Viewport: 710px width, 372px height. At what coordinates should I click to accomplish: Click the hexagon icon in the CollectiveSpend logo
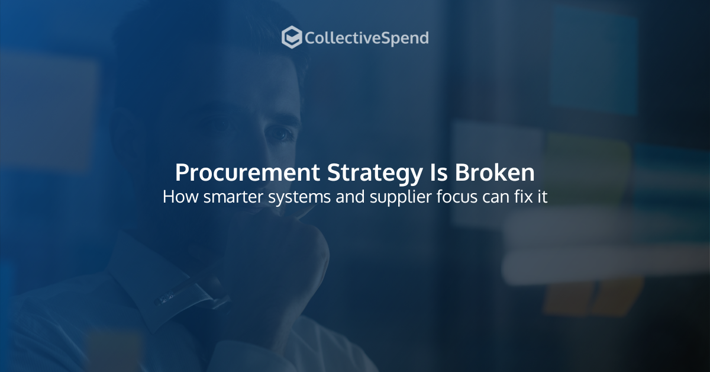291,38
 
